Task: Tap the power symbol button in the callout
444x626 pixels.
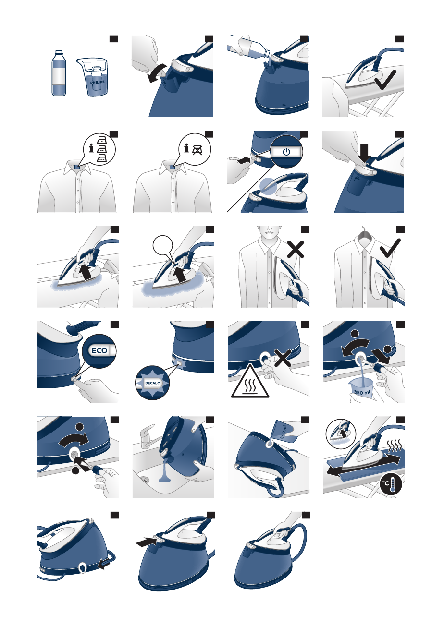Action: [286, 152]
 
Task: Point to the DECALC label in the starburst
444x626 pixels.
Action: [151, 384]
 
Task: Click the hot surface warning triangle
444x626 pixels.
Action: [250, 383]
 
